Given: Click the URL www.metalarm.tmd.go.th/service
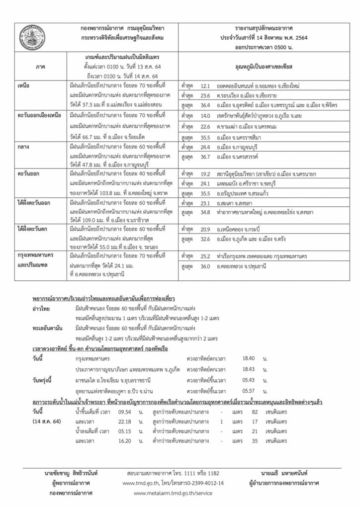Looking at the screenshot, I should [x=173, y=493].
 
